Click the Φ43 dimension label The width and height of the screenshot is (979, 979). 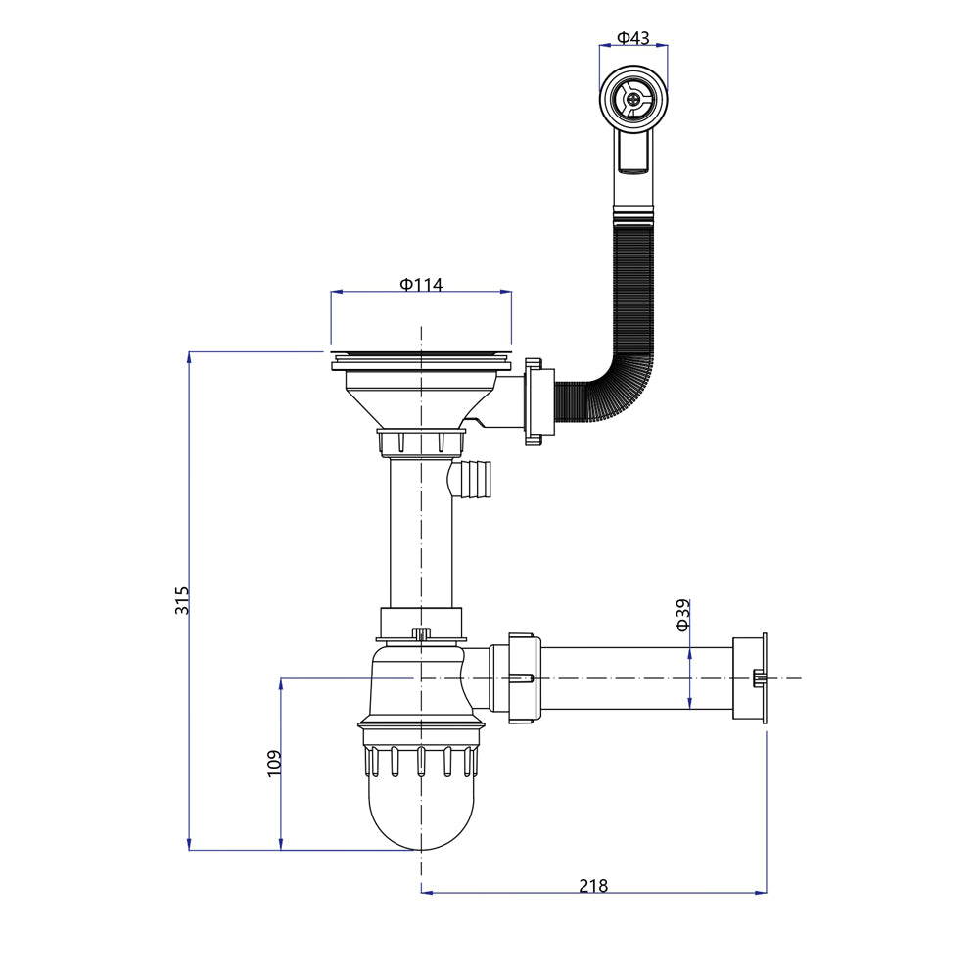point(633,38)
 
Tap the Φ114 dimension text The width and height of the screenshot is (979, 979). point(421,285)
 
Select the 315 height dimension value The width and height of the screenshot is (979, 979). point(182,600)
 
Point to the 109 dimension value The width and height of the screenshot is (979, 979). point(275,763)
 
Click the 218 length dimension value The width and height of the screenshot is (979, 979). point(593,885)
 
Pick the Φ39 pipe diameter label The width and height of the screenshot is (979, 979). point(683,615)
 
